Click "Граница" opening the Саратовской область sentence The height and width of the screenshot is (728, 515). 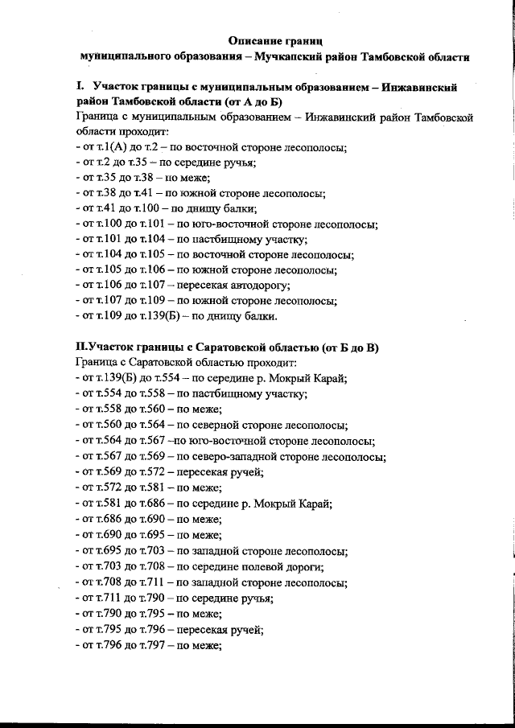[x=95, y=363]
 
